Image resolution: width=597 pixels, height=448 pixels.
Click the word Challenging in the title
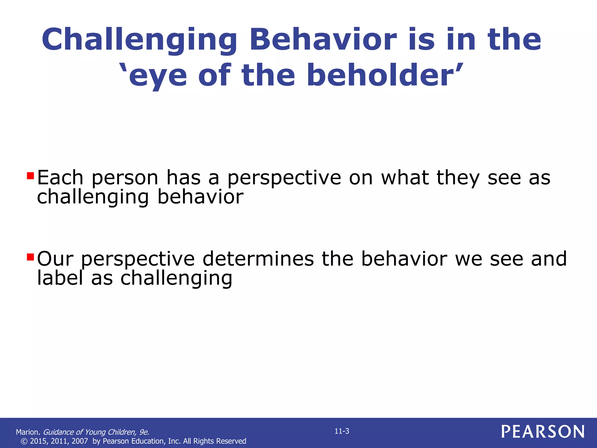click(x=139, y=40)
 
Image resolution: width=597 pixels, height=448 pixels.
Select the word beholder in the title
click(x=385, y=76)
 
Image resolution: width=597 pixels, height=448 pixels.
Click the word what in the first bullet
click(x=405, y=178)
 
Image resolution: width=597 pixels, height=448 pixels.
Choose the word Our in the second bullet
click(x=55, y=259)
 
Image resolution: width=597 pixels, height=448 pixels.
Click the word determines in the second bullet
click(x=258, y=259)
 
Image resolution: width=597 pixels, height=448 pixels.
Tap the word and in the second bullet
click(x=549, y=259)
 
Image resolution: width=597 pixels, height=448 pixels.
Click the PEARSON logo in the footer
click(x=543, y=432)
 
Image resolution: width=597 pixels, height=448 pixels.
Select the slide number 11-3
click(x=342, y=431)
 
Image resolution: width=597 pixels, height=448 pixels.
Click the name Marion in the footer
click(x=28, y=432)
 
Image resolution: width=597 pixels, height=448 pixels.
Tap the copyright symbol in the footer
click(x=24, y=441)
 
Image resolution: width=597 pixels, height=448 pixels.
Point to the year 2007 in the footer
click(x=80, y=441)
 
